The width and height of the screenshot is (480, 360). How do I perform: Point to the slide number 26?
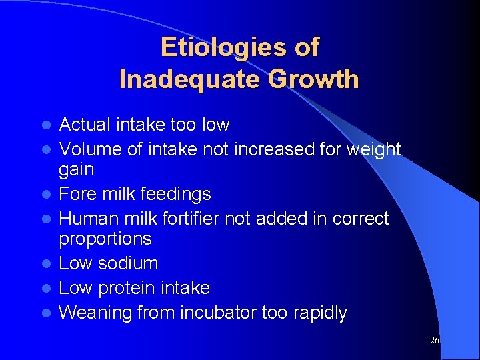click(x=434, y=340)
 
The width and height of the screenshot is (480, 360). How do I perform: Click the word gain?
click(x=77, y=169)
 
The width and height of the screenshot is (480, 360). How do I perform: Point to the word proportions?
click(x=105, y=239)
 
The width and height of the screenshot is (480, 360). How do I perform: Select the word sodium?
click(x=128, y=263)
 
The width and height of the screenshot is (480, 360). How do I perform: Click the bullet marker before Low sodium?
click(x=46, y=264)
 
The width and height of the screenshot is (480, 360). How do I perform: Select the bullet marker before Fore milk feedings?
click(x=46, y=195)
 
